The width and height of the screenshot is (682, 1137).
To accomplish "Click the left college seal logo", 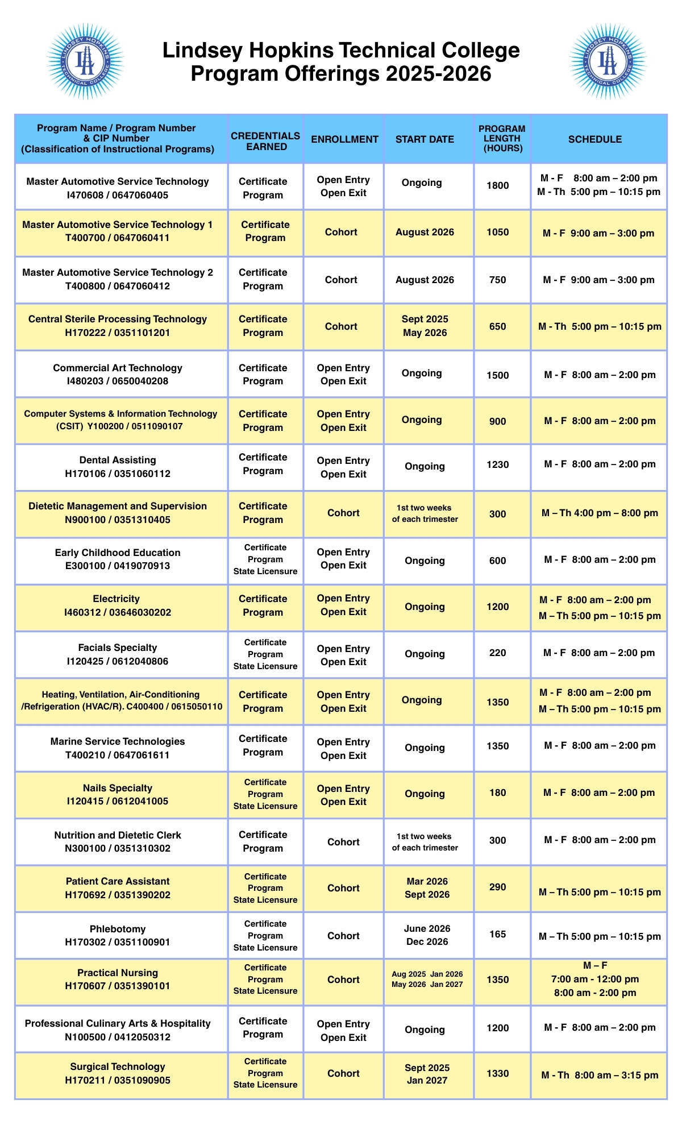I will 85,61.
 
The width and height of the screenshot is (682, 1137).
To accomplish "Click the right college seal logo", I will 608,61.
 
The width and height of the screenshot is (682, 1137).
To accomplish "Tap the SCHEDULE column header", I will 595,139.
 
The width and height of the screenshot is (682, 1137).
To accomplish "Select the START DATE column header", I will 425,139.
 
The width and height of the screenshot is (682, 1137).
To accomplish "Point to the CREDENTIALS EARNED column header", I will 265,141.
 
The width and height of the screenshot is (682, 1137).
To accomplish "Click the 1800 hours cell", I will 497,185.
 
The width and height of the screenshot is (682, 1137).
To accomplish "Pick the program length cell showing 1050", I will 497,232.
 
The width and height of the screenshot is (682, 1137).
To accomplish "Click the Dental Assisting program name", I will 118,467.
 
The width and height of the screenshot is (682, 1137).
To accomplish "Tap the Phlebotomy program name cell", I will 118,935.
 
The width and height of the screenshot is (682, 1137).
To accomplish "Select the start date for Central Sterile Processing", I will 425,326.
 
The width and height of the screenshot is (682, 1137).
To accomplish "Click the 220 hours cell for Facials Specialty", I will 497,653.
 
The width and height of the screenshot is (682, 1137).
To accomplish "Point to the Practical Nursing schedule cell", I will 595,979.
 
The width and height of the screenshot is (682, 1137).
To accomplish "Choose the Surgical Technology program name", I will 118,1073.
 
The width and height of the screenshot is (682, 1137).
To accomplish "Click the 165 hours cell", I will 497,934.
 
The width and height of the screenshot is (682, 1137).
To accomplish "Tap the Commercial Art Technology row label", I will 118,374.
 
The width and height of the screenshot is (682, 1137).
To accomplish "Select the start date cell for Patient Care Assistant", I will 427,887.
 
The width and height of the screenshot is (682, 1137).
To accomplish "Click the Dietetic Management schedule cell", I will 600,513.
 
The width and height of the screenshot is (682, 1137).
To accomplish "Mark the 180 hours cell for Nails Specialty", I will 497,792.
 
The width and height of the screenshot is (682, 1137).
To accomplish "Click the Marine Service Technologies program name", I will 118,748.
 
